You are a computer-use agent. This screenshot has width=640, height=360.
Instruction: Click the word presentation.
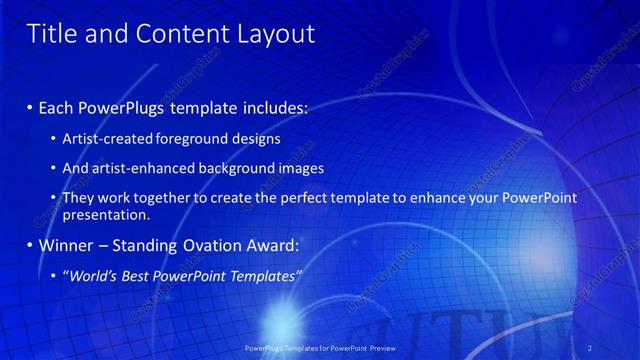(105, 215)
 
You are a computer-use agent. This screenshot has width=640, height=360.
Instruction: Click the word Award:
(273, 245)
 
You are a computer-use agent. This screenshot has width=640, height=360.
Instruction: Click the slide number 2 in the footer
(589, 347)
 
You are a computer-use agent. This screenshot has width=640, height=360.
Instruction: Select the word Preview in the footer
(401, 347)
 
